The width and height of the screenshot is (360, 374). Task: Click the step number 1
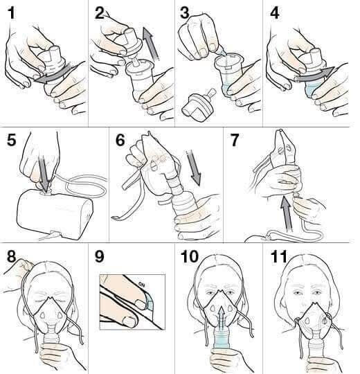[11, 13]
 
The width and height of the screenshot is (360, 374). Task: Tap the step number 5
[12, 140]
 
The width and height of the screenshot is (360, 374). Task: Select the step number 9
[100, 256]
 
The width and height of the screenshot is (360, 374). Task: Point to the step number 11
[279, 256]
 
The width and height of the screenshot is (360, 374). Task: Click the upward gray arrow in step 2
[151, 43]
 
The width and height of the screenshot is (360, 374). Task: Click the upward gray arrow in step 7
[287, 213]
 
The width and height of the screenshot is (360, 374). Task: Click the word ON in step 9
[141, 285]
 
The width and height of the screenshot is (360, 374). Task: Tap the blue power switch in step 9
[149, 302]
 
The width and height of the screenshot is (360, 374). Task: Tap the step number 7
[235, 140]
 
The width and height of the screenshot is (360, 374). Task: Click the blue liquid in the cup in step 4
[310, 89]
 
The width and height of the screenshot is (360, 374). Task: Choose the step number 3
[185, 13]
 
